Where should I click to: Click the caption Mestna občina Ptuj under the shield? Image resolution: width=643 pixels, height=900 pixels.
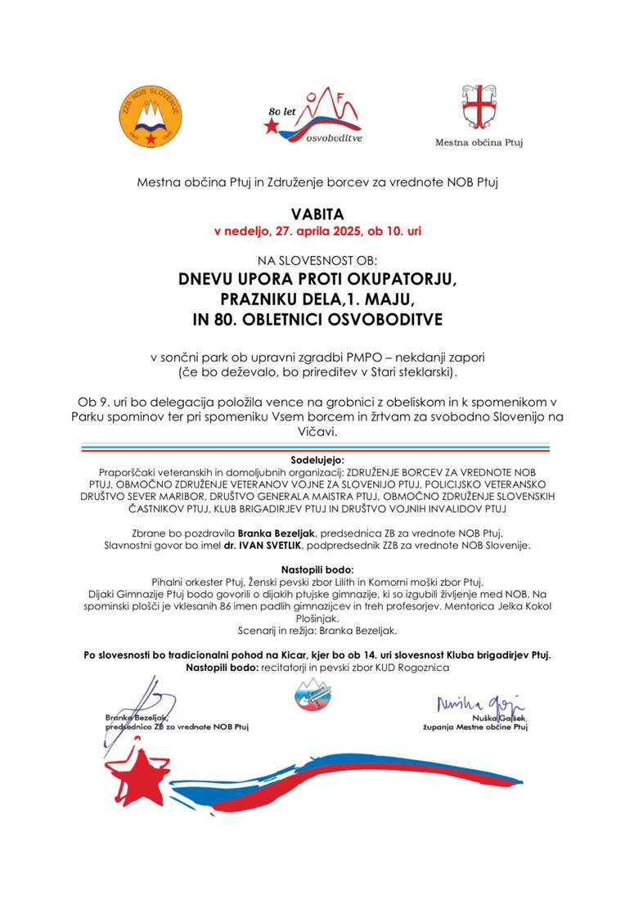pos(479,142)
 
